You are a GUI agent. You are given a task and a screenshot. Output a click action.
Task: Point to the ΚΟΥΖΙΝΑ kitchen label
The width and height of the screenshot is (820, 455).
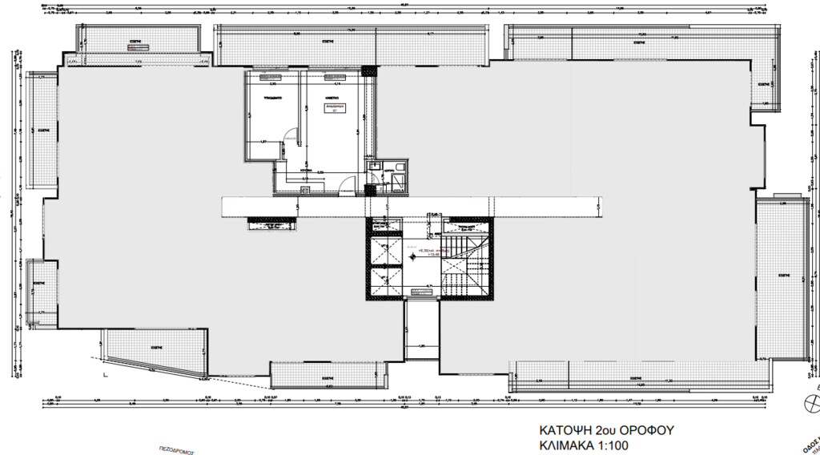coord(306,170)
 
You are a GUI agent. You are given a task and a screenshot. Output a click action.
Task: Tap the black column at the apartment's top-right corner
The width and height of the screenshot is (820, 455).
coord(368,70)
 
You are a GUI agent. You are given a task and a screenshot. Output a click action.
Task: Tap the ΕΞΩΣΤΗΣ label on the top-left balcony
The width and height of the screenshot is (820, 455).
coord(134,38)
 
